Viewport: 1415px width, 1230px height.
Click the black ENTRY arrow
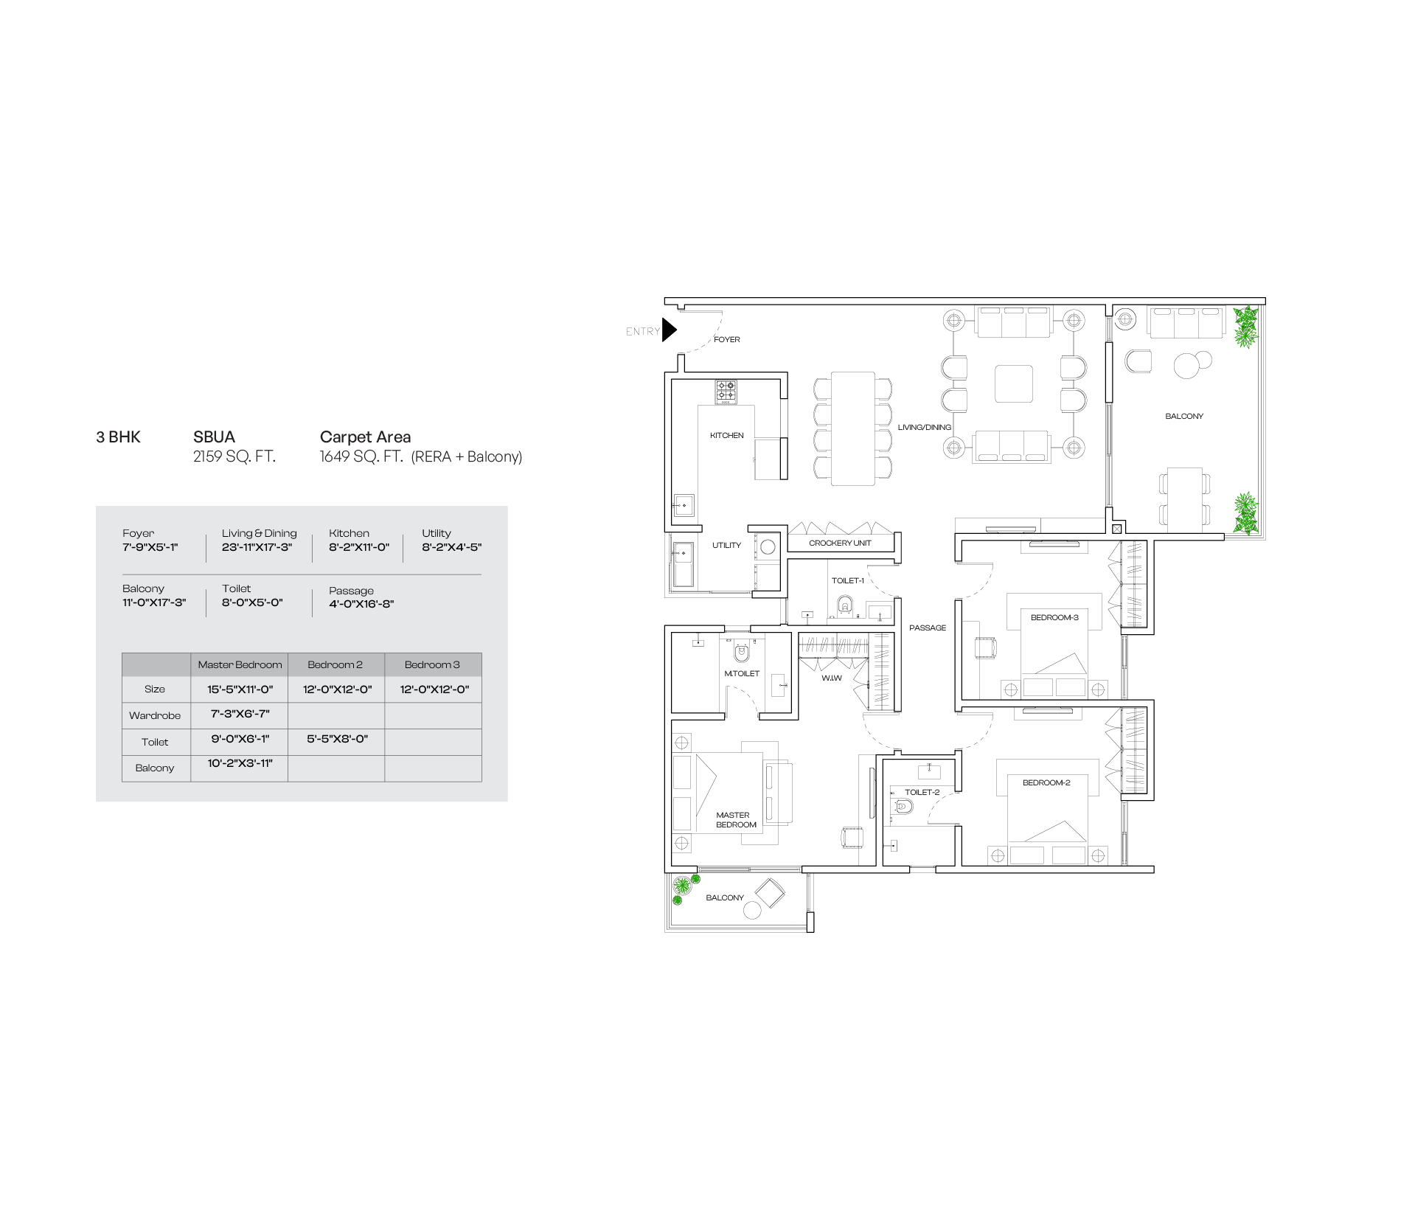pyautogui.click(x=668, y=330)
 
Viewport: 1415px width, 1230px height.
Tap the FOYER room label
pyautogui.click(x=727, y=340)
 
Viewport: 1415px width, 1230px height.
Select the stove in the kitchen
pyautogui.click(x=726, y=392)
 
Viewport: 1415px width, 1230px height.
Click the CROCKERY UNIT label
pyautogui.click(x=840, y=543)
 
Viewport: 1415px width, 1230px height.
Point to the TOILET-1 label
pyautogui.click(x=848, y=581)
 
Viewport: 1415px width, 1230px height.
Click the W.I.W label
pyautogui.click(x=832, y=678)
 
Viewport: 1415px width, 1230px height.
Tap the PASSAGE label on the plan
pyautogui.click(x=928, y=628)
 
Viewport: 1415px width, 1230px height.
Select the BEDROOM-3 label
pyautogui.click(x=1054, y=618)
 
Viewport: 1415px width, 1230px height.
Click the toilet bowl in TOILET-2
pyautogui.click(x=902, y=807)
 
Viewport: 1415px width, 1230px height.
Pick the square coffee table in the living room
pyautogui.click(x=1014, y=383)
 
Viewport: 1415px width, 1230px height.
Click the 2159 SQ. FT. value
pyautogui.click(x=234, y=457)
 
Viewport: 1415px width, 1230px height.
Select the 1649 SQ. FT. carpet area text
pyautogui.click(x=361, y=457)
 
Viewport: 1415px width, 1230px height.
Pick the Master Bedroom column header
pyautogui.click(x=240, y=665)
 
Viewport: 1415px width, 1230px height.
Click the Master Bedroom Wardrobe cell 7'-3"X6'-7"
pyautogui.click(x=240, y=714)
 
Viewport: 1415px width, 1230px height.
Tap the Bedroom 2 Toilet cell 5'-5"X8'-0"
pyautogui.click(x=336, y=739)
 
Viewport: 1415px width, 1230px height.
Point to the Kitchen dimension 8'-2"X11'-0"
pyautogui.click(x=359, y=548)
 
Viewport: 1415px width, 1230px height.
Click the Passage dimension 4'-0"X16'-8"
pyautogui.click(x=361, y=605)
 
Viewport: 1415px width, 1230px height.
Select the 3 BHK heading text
pyautogui.click(x=118, y=437)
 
